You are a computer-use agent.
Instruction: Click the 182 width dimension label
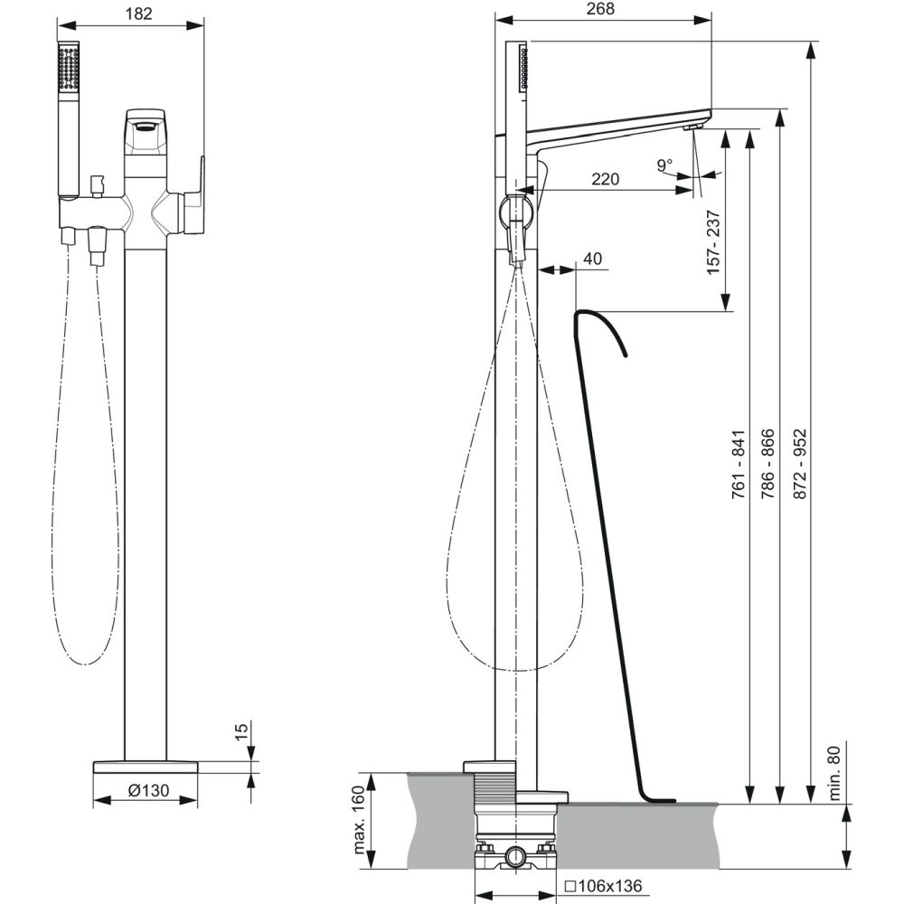click(x=138, y=14)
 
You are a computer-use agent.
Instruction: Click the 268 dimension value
click(x=600, y=9)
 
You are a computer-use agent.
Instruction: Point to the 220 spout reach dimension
click(x=605, y=179)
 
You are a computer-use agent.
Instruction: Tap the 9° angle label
click(x=664, y=165)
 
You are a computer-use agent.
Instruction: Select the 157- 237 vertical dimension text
click(x=713, y=242)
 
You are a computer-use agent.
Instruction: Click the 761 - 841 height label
click(x=739, y=464)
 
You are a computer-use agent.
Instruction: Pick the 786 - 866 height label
click(x=767, y=464)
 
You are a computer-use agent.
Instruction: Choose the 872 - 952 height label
click(x=799, y=464)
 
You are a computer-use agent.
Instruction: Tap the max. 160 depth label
click(x=359, y=819)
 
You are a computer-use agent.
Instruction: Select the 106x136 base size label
click(x=603, y=885)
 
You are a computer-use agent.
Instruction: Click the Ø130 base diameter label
click(x=148, y=789)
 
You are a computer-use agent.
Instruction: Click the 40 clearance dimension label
click(x=592, y=259)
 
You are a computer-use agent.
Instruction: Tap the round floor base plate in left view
click(x=146, y=767)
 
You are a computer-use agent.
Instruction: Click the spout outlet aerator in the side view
click(x=692, y=127)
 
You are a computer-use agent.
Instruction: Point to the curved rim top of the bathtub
click(x=599, y=325)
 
